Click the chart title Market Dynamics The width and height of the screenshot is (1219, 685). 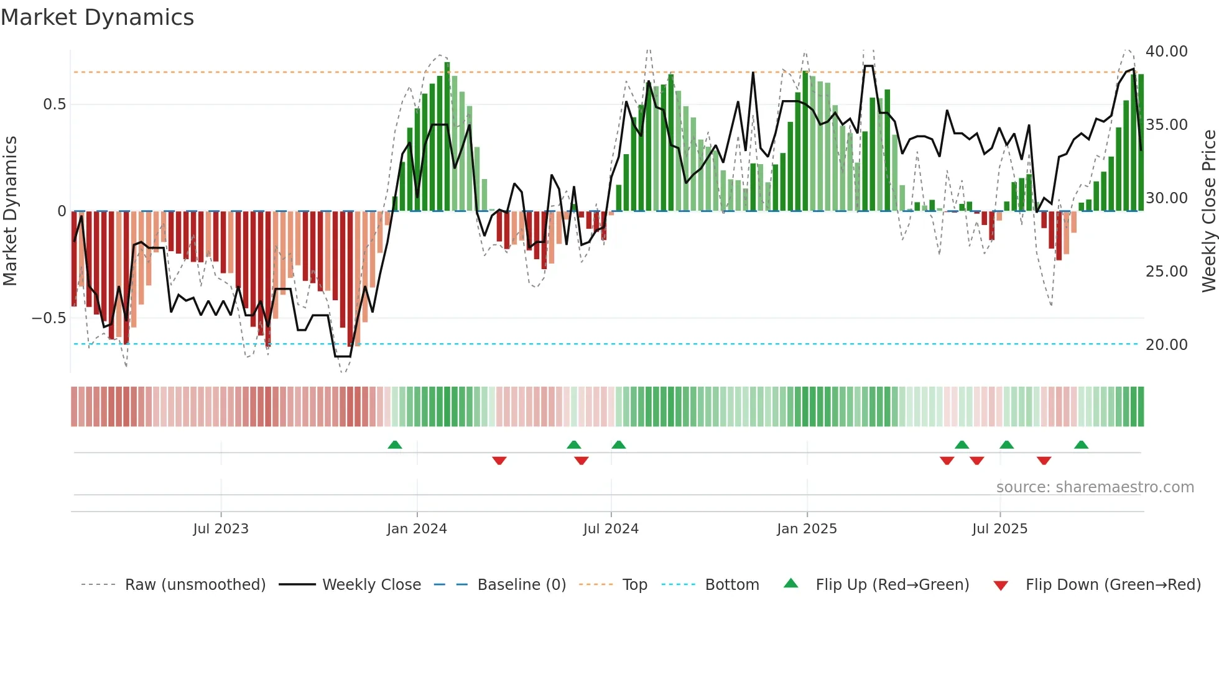pyautogui.click(x=98, y=17)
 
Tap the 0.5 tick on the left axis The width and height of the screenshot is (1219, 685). pyautogui.click(x=54, y=104)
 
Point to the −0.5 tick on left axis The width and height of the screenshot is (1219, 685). pyautogui.click(x=49, y=318)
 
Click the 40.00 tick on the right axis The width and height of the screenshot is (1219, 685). pyautogui.click(x=1166, y=52)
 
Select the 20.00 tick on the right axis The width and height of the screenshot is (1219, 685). pyautogui.click(x=1166, y=345)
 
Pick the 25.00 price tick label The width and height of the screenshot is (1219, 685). pyautogui.click(x=1166, y=272)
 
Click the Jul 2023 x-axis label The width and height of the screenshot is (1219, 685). pyautogui.click(x=221, y=529)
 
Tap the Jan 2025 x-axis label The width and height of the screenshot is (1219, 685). pyautogui.click(x=807, y=529)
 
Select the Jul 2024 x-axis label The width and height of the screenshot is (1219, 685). pyautogui.click(x=611, y=529)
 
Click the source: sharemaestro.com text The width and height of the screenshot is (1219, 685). pyautogui.click(x=1095, y=487)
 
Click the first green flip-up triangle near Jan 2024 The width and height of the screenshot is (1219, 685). pyautogui.click(x=395, y=444)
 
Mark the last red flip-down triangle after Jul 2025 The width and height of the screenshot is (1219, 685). pyautogui.click(x=1044, y=461)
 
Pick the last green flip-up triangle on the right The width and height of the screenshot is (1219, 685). pyautogui.click(x=1081, y=444)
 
